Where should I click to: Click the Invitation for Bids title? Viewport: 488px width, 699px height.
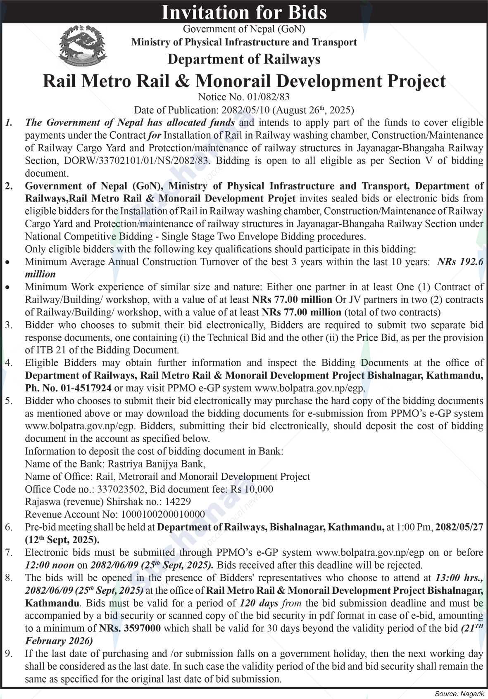click(x=244, y=12)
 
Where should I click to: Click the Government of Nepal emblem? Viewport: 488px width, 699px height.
click(x=83, y=45)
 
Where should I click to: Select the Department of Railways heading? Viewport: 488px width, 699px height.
click(x=244, y=59)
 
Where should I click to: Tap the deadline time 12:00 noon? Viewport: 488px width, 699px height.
click(x=50, y=565)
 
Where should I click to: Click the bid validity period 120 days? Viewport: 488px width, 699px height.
click(x=259, y=603)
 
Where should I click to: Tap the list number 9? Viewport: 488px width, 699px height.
click(x=9, y=654)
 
